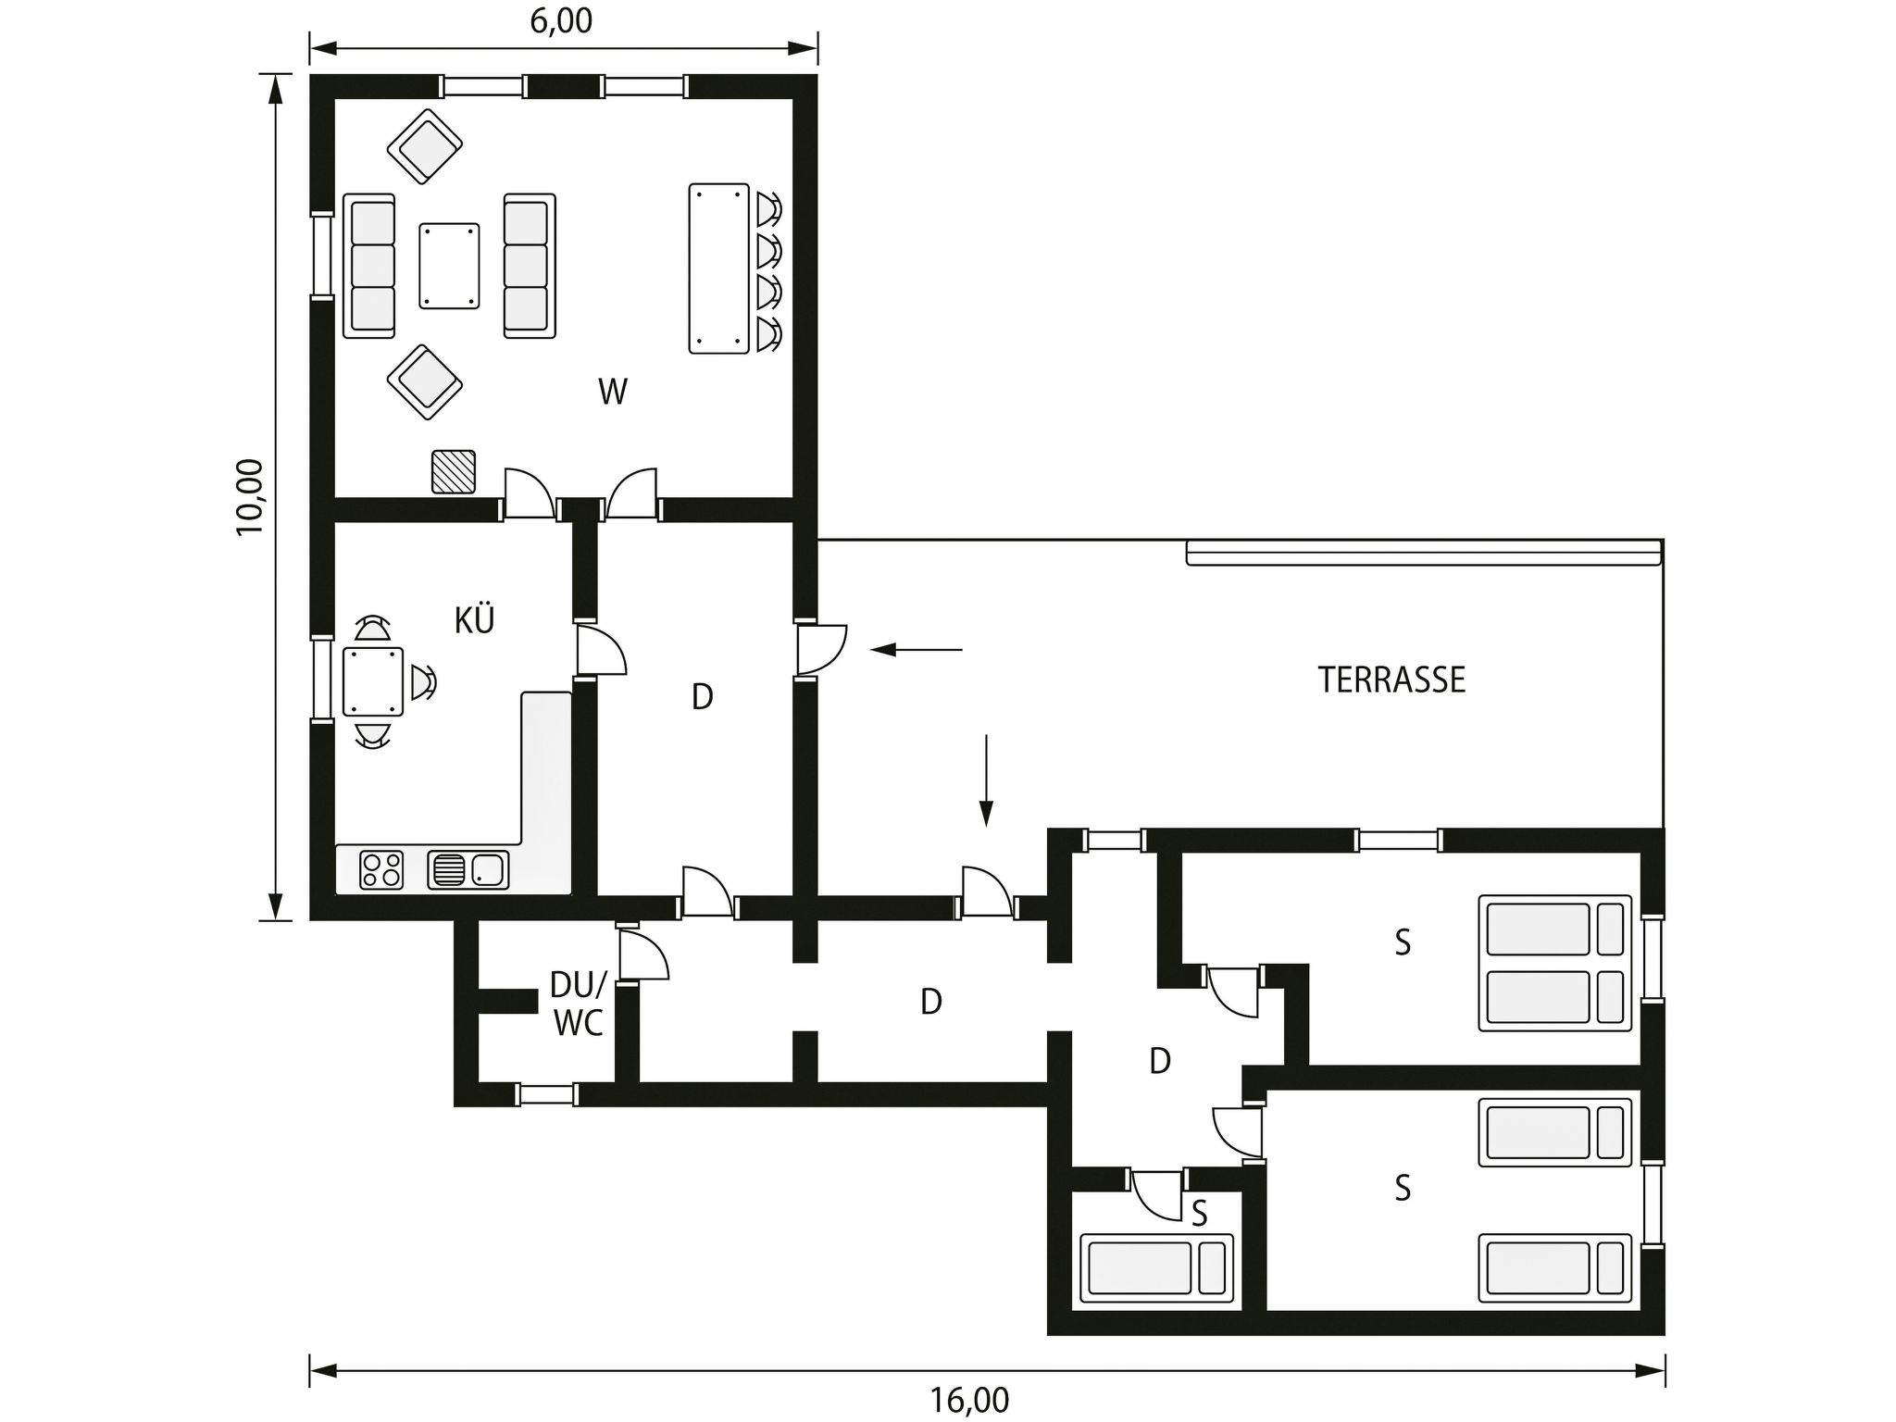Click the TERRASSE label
(1391, 680)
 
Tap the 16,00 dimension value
(969, 1400)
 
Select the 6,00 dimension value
(561, 20)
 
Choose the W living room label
(613, 392)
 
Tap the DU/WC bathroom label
(578, 1004)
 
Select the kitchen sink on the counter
(468, 870)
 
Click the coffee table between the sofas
(449, 266)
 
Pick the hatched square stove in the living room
(454, 472)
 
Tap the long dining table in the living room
(718, 268)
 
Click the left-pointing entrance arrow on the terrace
(917, 650)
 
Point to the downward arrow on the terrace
(987, 780)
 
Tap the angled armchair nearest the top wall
(425, 145)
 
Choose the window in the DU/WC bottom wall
(546, 1094)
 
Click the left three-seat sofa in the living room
(368, 266)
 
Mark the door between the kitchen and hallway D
(600, 651)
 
